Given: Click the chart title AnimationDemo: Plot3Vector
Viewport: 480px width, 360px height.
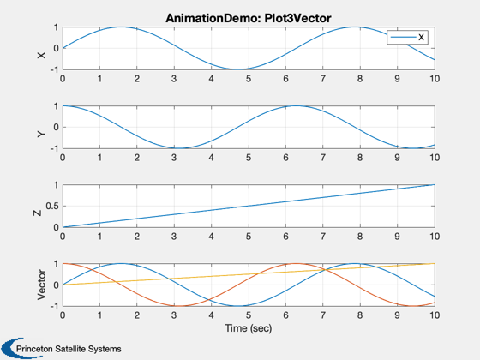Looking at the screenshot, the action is tap(249, 18).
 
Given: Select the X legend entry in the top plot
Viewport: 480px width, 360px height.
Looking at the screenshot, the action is tap(407, 38).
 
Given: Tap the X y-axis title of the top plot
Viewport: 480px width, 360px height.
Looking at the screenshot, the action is tap(41, 55).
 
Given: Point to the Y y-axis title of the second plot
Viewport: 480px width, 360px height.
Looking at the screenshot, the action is tap(41, 134).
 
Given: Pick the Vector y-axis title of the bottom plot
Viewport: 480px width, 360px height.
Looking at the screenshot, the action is tap(41, 285).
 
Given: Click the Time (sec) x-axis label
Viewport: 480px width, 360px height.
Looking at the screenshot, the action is tap(249, 328).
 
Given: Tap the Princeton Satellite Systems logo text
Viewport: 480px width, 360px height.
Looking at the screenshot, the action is tap(69, 349).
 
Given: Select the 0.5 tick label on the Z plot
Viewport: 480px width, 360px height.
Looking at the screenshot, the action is tap(52, 206).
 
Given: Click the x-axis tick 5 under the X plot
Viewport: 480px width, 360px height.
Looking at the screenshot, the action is tap(249, 79).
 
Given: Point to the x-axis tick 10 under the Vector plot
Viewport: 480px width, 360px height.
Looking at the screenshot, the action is tap(435, 315).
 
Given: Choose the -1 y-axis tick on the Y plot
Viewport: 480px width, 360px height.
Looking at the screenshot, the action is tap(54, 149).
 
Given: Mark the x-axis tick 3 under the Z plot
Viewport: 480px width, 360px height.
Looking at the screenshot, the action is tap(174, 237).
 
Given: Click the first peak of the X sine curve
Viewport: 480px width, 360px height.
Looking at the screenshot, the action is tap(121, 27).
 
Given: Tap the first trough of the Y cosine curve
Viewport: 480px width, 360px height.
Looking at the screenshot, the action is tap(180, 148).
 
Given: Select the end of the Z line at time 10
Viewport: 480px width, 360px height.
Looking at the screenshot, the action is tap(435, 184).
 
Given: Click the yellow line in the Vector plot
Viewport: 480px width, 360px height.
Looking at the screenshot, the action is tap(249, 274).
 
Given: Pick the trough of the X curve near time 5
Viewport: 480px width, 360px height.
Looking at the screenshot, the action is tap(238, 69).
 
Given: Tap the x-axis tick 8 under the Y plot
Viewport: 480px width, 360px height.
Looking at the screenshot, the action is tap(360, 158).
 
